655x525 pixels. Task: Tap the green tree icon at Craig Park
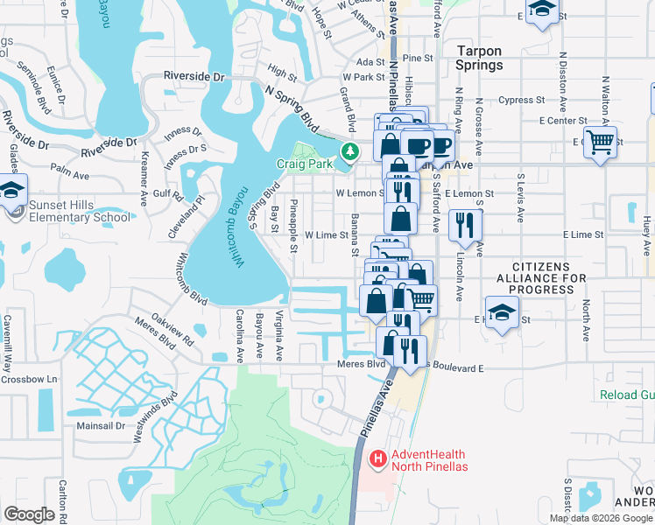point(350,152)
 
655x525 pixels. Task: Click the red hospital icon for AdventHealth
point(378,458)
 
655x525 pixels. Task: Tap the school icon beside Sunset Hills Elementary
point(11,190)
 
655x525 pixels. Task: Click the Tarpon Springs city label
point(480,58)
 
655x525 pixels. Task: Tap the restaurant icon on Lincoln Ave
point(465,225)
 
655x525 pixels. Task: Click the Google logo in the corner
point(29,514)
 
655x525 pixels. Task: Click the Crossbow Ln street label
point(28,379)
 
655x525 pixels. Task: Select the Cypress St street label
point(522,100)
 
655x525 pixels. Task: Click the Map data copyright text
point(601,518)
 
